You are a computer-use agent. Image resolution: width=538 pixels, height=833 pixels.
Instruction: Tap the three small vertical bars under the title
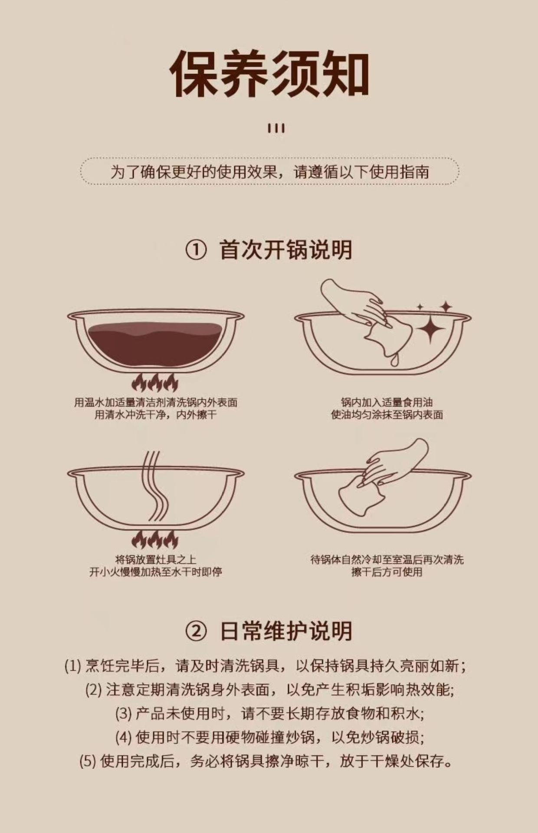click(x=276, y=128)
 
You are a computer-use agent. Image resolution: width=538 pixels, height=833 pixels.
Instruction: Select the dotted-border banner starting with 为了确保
click(x=269, y=172)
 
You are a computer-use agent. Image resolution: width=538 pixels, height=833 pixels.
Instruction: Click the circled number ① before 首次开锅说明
click(x=196, y=250)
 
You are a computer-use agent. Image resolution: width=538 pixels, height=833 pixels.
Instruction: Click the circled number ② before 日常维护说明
click(x=196, y=632)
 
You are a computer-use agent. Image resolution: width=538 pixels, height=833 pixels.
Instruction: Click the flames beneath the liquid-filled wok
click(x=155, y=383)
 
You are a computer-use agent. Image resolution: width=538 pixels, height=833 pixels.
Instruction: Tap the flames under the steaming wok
click(x=155, y=540)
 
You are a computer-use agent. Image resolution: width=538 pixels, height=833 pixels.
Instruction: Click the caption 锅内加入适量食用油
click(x=387, y=402)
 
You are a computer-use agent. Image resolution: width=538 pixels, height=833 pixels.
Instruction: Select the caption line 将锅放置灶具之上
click(x=155, y=559)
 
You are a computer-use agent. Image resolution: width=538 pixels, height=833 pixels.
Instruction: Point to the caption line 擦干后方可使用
click(x=387, y=572)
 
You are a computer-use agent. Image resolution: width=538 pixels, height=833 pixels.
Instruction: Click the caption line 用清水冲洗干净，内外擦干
click(x=155, y=415)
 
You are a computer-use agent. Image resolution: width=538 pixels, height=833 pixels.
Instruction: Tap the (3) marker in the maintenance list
click(x=123, y=714)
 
